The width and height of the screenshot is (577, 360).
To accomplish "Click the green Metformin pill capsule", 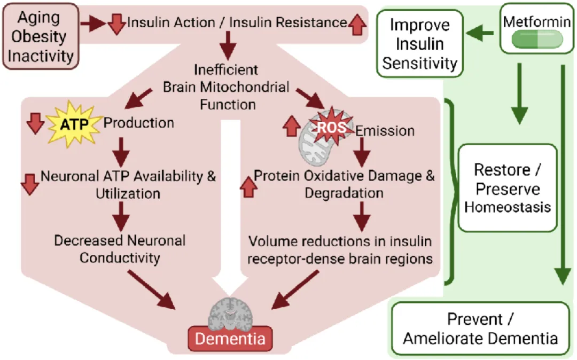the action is (x=537, y=40).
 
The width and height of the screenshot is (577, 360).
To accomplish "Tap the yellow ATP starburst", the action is (x=74, y=124).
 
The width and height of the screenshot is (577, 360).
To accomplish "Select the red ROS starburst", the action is (x=331, y=127).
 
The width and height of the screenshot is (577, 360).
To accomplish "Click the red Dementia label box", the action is (x=230, y=338).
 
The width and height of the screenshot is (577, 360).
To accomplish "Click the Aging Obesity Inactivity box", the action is (x=41, y=36).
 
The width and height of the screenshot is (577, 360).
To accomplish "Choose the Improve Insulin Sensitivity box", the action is (x=419, y=44).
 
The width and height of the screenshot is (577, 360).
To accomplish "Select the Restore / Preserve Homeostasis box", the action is (x=508, y=188).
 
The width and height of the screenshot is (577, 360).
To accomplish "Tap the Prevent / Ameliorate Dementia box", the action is (x=480, y=328).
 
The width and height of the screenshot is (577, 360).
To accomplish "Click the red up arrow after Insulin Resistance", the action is (x=357, y=24).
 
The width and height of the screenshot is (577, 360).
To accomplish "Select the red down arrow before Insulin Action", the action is (x=116, y=24).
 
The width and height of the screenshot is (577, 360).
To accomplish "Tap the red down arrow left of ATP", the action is (x=35, y=123).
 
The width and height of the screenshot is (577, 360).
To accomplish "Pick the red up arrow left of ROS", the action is (x=292, y=126).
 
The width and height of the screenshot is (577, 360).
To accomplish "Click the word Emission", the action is (x=385, y=131).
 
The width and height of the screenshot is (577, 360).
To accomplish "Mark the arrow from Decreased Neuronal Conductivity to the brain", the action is (x=151, y=290).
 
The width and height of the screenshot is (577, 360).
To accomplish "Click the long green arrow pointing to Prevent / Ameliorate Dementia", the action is (x=563, y=175).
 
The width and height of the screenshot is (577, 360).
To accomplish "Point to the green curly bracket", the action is (x=451, y=192).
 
